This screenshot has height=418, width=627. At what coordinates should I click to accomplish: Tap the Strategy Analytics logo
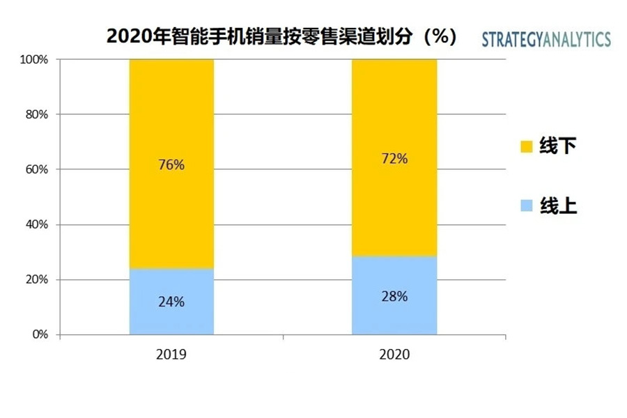(546, 39)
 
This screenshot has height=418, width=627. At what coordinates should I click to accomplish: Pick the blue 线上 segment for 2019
(171, 317)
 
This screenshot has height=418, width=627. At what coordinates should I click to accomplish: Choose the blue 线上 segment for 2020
(394, 313)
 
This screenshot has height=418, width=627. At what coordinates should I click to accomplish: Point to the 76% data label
(171, 165)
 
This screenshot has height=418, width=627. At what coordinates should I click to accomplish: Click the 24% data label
(171, 302)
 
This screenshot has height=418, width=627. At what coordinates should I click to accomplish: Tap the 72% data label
(394, 158)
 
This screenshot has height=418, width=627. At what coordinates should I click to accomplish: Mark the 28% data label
(394, 296)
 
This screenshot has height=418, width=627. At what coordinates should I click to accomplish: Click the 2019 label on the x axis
(171, 354)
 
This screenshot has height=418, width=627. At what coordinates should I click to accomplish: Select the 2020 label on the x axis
(394, 354)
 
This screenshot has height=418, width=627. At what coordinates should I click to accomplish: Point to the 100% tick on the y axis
(34, 60)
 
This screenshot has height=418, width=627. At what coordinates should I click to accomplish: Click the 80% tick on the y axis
(36, 114)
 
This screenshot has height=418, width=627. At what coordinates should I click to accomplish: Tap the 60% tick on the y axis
(36, 169)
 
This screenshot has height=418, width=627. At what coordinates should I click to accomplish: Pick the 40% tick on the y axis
(36, 224)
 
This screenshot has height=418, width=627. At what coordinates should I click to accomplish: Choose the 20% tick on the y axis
(36, 279)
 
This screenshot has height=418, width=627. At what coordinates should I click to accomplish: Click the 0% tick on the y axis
(39, 334)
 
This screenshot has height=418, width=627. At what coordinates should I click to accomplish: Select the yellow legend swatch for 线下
(527, 146)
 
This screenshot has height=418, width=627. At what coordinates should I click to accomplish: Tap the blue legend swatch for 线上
(527, 206)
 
